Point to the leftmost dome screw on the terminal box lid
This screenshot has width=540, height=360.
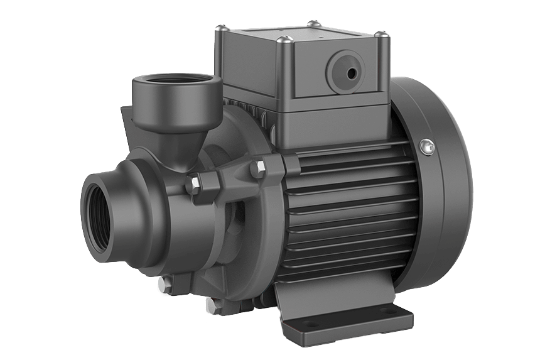pyautogui.click(x=220, y=28)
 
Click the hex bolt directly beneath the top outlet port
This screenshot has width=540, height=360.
pyautogui.click(x=194, y=183)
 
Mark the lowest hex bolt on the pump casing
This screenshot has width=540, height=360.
pyautogui.click(x=208, y=305)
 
